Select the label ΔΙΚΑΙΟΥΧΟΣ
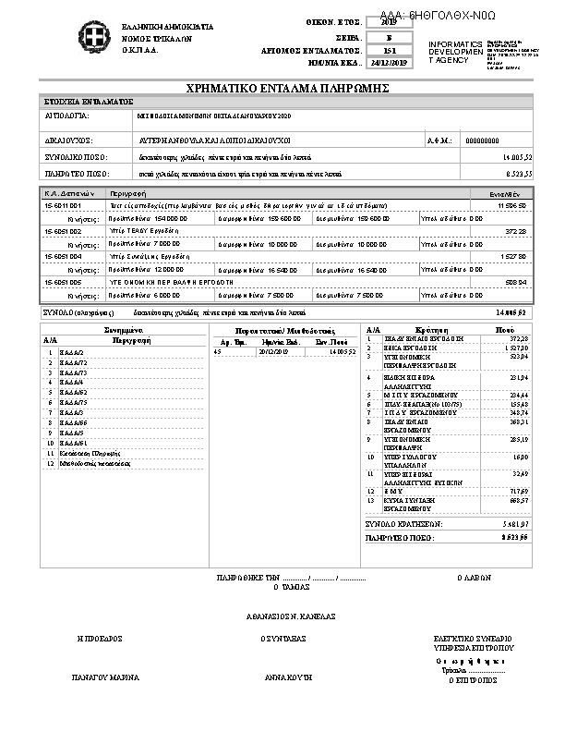click(66, 140)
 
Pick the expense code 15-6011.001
click(63, 204)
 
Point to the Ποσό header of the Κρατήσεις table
click(504, 329)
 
